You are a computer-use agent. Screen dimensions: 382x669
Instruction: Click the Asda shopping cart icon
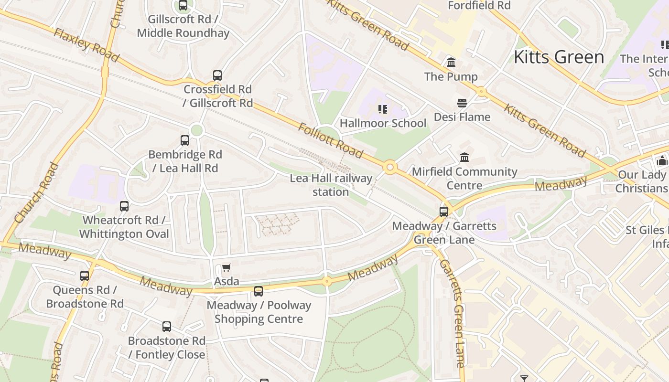click(226, 268)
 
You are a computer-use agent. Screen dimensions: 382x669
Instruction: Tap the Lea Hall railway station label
click(331, 185)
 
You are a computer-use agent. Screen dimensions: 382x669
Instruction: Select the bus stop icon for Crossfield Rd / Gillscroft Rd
click(217, 75)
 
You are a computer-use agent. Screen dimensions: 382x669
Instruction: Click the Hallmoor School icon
click(382, 109)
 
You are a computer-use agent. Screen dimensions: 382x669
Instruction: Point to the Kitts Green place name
click(559, 57)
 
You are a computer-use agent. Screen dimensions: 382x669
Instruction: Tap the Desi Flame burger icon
click(462, 103)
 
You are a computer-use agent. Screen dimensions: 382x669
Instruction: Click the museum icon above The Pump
click(451, 63)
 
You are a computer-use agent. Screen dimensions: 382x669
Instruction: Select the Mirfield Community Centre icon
click(464, 157)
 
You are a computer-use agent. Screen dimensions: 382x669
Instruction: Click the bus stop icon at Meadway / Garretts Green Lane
click(444, 212)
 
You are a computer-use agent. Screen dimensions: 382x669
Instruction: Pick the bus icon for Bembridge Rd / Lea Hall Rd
click(185, 140)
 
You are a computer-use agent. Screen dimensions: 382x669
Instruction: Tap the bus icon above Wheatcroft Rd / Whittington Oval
click(124, 206)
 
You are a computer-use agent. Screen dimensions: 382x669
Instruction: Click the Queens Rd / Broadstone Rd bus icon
click(85, 276)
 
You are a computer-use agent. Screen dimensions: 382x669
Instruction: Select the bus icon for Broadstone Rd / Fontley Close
click(166, 327)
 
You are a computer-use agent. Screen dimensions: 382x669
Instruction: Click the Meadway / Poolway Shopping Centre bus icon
click(259, 291)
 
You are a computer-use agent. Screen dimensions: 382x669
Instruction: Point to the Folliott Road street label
click(330, 140)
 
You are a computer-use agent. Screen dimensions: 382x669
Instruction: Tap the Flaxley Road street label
click(86, 45)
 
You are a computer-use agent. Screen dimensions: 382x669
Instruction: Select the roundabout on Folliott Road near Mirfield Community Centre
click(390, 167)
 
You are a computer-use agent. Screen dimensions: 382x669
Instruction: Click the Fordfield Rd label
click(479, 6)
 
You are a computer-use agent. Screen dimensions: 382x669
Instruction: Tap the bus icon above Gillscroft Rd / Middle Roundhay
click(183, 6)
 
